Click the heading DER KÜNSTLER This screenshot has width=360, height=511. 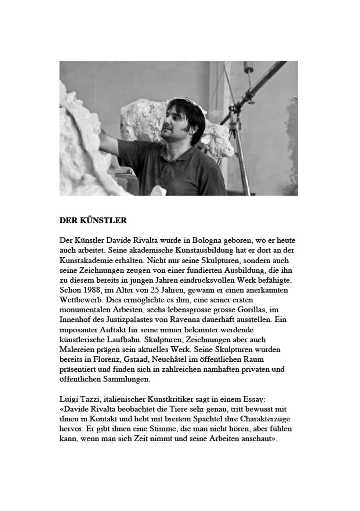(93, 221)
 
